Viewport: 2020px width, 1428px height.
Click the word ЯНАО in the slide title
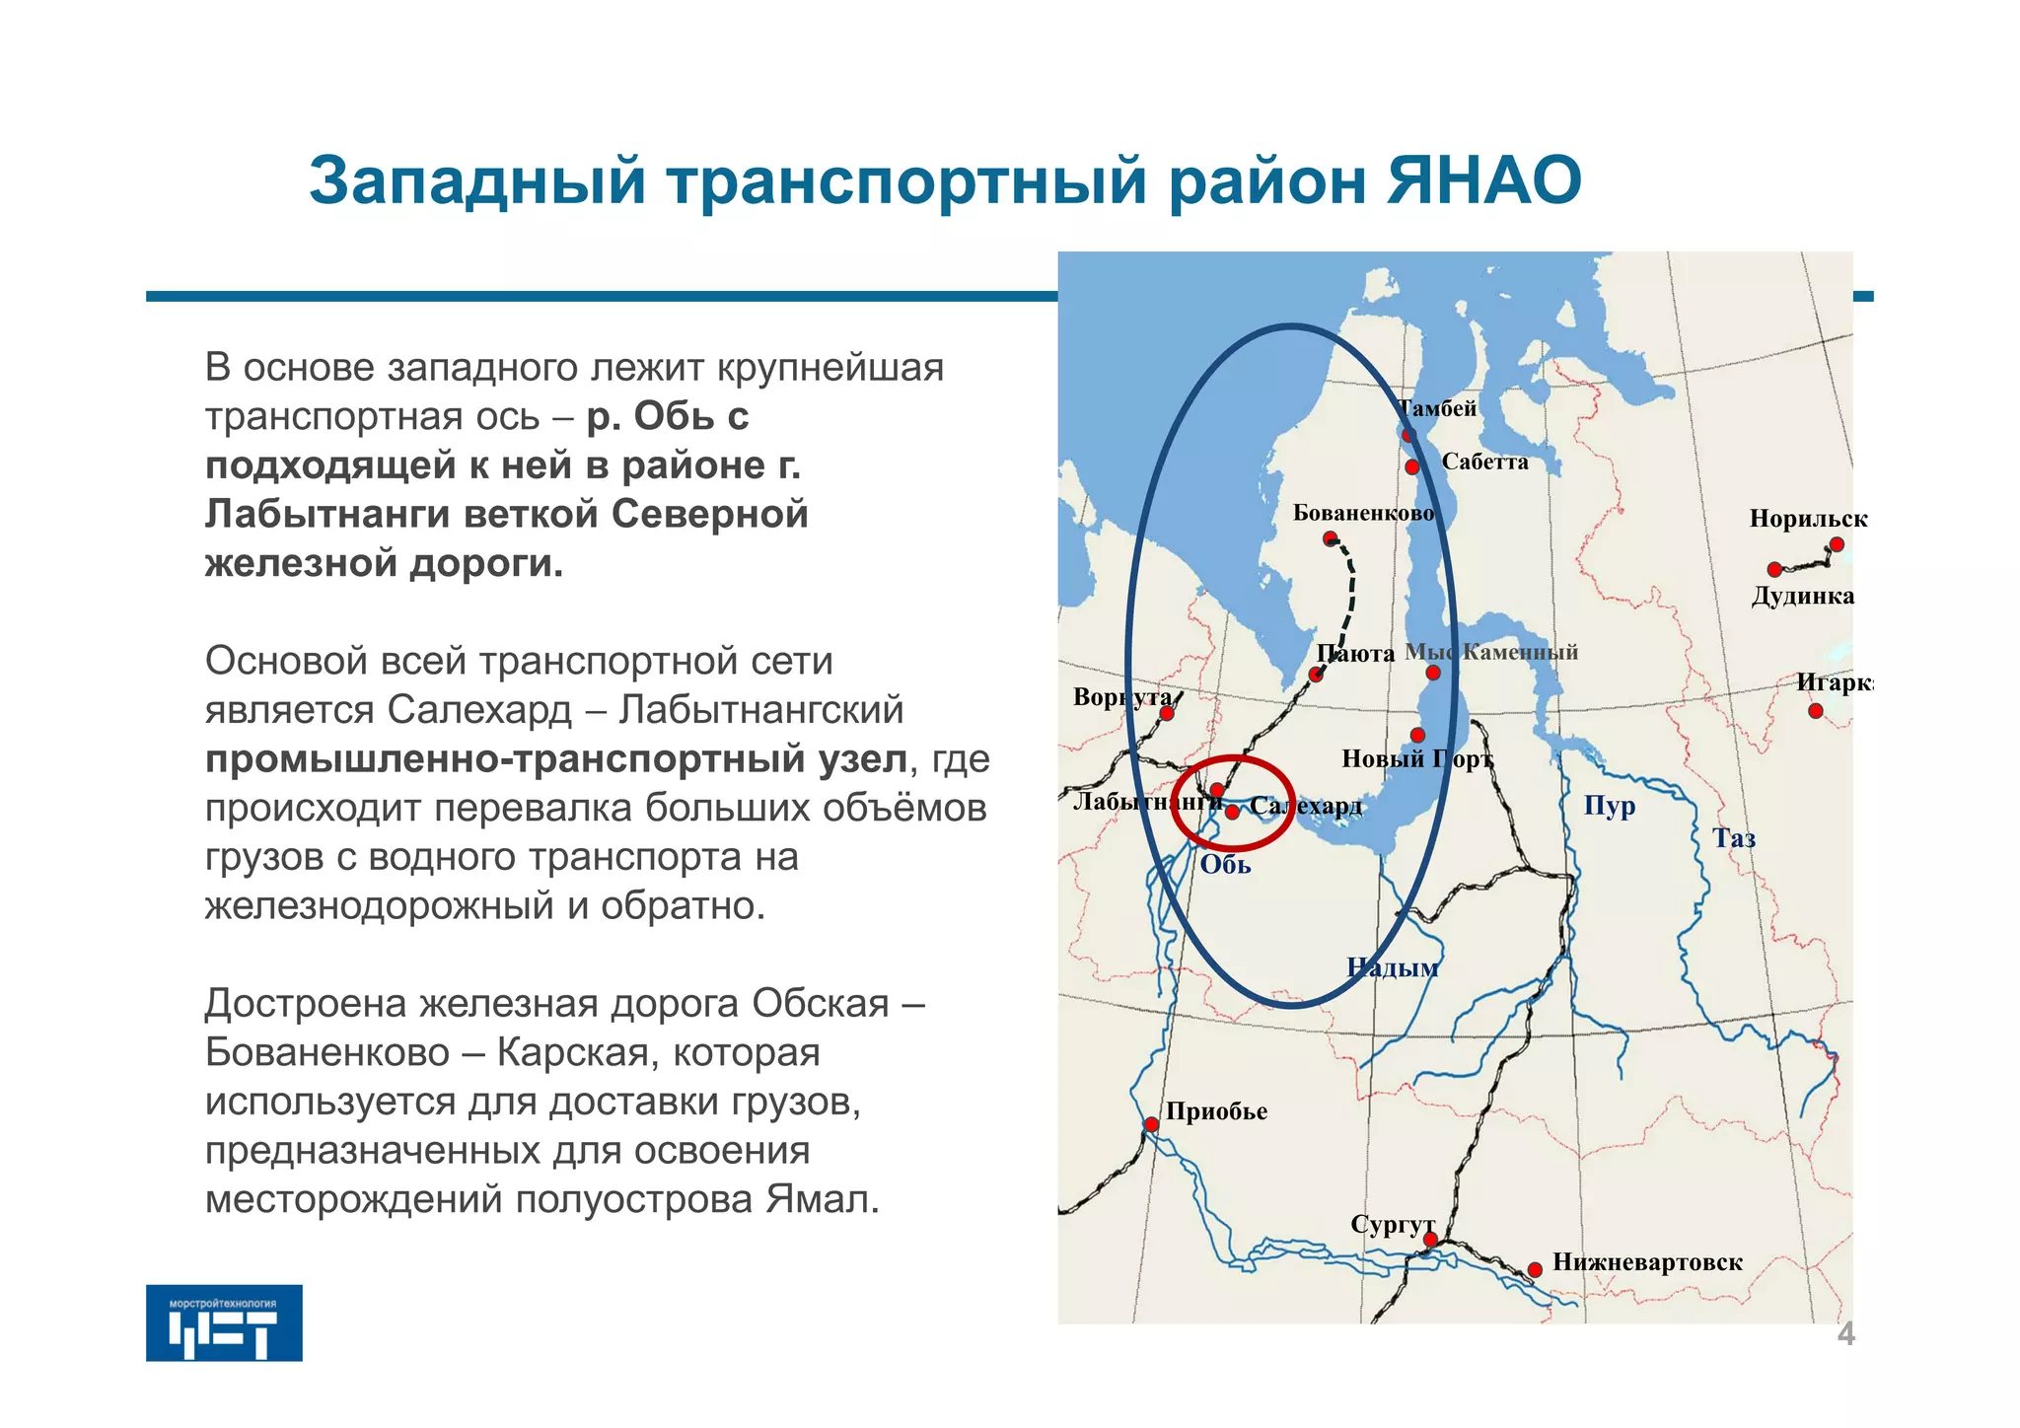click(x=1484, y=180)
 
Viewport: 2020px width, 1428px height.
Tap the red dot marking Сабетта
click(x=1412, y=466)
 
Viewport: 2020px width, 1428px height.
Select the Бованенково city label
click(x=1363, y=513)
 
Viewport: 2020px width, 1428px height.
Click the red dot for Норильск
click(x=1836, y=544)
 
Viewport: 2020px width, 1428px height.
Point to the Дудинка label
click(x=1802, y=596)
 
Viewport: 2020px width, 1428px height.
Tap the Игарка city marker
click(x=1816, y=710)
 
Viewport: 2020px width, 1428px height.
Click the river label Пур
click(x=1610, y=806)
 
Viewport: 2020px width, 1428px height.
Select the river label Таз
click(x=1733, y=838)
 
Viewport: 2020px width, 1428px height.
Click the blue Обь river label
click(x=1225, y=865)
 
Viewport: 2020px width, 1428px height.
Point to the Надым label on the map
click(x=1392, y=967)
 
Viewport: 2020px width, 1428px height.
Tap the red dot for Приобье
click(x=1151, y=1124)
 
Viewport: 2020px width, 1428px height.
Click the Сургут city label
click(x=1392, y=1225)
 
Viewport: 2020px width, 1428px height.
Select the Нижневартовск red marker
click(x=1535, y=1270)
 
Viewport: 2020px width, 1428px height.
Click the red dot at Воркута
click(x=1166, y=713)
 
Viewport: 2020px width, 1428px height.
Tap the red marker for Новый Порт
click(x=1417, y=735)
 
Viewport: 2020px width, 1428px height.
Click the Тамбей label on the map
click(x=1438, y=408)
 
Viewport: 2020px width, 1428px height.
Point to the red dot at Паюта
click(x=1316, y=675)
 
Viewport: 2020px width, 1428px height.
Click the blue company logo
click(x=224, y=1322)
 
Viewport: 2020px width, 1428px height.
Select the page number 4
click(x=1845, y=1334)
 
